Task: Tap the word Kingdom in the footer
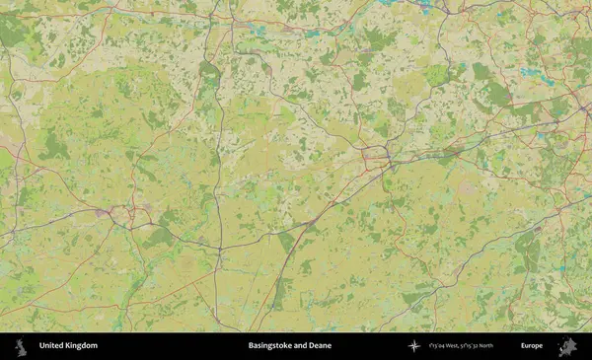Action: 81,345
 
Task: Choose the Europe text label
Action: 532,345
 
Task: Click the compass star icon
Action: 414,345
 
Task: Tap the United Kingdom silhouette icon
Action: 20,345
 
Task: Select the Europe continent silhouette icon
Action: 567,345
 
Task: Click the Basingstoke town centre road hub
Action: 375,155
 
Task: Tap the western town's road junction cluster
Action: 116,211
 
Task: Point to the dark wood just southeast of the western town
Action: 158,237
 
